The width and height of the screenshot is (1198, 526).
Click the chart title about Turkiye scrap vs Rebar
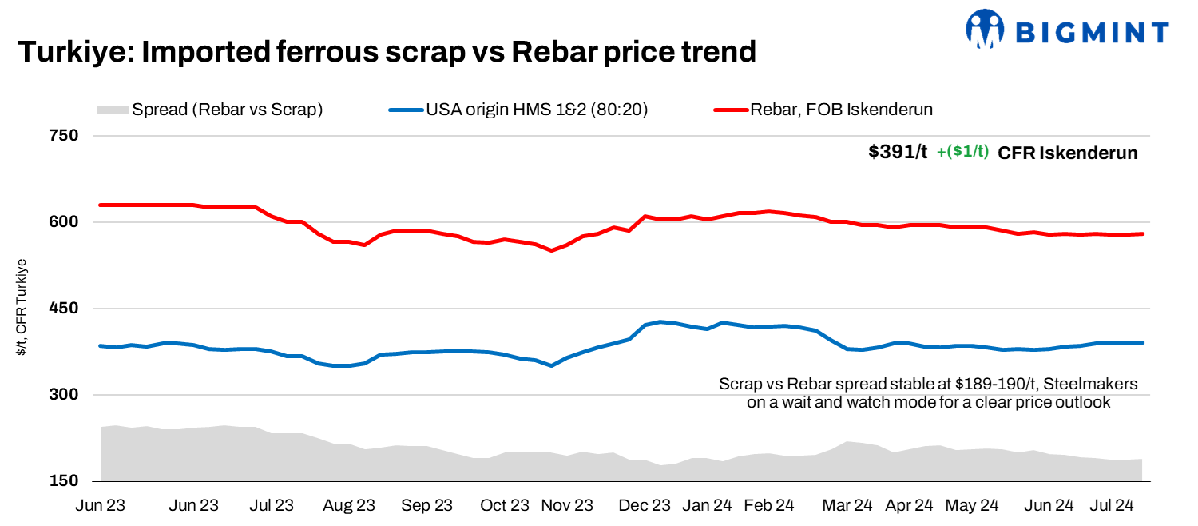tap(387, 52)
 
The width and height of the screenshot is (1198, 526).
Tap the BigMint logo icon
tap(984, 29)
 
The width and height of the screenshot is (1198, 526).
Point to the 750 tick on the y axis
tap(64, 135)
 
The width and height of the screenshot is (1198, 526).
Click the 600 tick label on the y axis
tap(64, 221)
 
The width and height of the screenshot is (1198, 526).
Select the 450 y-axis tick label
tap(64, 309)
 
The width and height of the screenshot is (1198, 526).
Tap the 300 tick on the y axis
tap(64, 395)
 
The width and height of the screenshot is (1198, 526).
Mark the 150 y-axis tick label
tap(64, 481)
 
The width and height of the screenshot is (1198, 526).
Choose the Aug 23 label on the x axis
tap(349, 505)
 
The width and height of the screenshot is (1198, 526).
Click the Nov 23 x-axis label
tap(568, 505)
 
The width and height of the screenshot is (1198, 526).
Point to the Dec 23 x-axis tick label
tap(645, 505)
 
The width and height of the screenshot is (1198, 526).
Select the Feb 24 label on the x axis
tap(768, 505)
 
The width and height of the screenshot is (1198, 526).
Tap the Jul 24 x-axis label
tap(1113, 505)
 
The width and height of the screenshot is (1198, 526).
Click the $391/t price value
tap(898, 153)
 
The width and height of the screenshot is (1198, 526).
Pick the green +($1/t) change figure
tap(962, 153)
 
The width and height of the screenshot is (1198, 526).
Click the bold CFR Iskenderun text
tap(1067, 153)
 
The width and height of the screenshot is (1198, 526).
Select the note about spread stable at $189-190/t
tap(928, 393)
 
